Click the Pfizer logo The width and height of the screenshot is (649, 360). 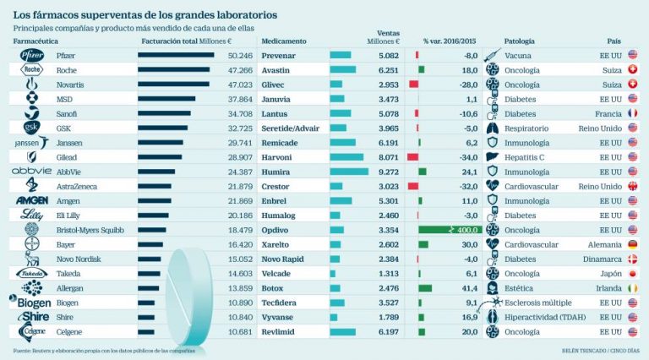30,55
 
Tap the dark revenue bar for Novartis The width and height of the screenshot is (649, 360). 174,85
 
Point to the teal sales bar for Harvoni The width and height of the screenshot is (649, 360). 346,157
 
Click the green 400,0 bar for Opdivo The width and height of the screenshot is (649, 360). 448,229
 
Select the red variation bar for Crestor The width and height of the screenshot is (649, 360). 412,186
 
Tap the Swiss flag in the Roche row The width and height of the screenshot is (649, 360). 633,70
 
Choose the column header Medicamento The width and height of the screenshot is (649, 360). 284,41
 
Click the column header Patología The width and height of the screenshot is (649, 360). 519,41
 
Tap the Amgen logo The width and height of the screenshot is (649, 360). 30,200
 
